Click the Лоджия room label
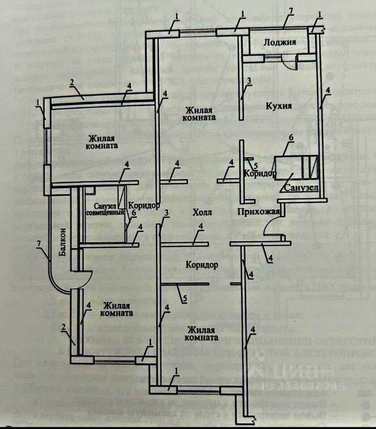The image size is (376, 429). click(x=280, y=43)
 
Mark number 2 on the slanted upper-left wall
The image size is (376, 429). click(x=71, y=82)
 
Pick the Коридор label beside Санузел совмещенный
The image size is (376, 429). click(x=144, y=206)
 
